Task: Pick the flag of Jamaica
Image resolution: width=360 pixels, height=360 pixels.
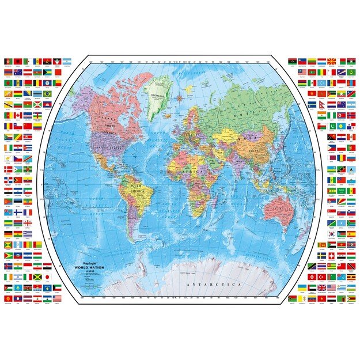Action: click(x=37, y=277)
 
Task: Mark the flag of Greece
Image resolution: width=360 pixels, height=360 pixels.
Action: click(x=28, y=234)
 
